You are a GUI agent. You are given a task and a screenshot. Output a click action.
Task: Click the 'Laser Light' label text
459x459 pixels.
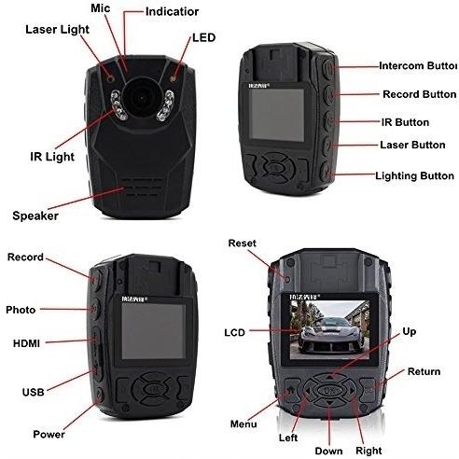pos(57,30)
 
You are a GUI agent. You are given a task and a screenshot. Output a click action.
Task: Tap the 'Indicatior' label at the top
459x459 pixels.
pos(172,12)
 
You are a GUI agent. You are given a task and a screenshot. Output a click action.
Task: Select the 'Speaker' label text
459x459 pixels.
pos(35,216)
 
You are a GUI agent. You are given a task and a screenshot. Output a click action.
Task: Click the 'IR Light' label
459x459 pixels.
pos(52,157)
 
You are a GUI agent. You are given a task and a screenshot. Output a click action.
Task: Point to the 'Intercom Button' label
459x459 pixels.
pos(418,66)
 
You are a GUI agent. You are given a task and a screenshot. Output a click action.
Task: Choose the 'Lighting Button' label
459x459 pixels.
pos(414,176)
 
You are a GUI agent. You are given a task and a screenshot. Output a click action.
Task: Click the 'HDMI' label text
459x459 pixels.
pos(26,343)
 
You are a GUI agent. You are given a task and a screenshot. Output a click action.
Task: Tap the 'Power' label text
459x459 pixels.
pos(49,434)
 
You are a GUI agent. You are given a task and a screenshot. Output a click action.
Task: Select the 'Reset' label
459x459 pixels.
pos(243,243)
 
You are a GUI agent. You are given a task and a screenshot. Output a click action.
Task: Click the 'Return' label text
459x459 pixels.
pos(424,371)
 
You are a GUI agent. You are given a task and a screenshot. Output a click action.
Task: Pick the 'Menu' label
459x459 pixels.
pos(243,424)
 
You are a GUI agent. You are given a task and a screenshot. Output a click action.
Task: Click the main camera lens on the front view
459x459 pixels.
pos(141,98)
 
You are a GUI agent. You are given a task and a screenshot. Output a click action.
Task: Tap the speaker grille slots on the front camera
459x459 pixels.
pos(142,188)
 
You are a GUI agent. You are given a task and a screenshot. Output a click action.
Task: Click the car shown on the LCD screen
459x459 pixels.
pos(329,335)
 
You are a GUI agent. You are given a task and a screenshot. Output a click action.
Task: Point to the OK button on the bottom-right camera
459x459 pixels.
pos(329,390)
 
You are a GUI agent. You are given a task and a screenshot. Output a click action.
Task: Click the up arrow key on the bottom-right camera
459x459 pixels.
pos(330,377)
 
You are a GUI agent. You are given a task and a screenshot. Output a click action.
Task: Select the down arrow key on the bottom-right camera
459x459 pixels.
pos(329,403)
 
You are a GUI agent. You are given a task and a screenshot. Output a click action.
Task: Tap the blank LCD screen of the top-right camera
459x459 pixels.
pos(277,114)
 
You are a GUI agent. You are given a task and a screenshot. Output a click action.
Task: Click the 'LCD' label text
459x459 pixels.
pos(235,333)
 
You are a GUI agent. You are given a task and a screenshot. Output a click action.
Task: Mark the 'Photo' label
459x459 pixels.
pos(21,310)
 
